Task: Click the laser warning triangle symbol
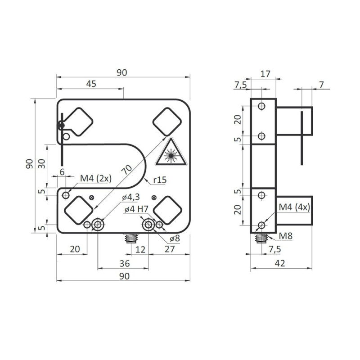coord(171,153)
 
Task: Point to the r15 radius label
coord(160,180)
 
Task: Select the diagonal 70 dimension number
coord(128,170)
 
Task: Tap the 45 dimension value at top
coord(90,84)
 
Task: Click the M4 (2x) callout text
coord(95,179)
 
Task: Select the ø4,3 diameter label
coord(131,198)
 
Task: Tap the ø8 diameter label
coord(173,238)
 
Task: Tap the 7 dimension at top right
coord(321,84)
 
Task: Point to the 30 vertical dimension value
coord(41,163)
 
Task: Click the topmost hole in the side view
coord(261,107)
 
